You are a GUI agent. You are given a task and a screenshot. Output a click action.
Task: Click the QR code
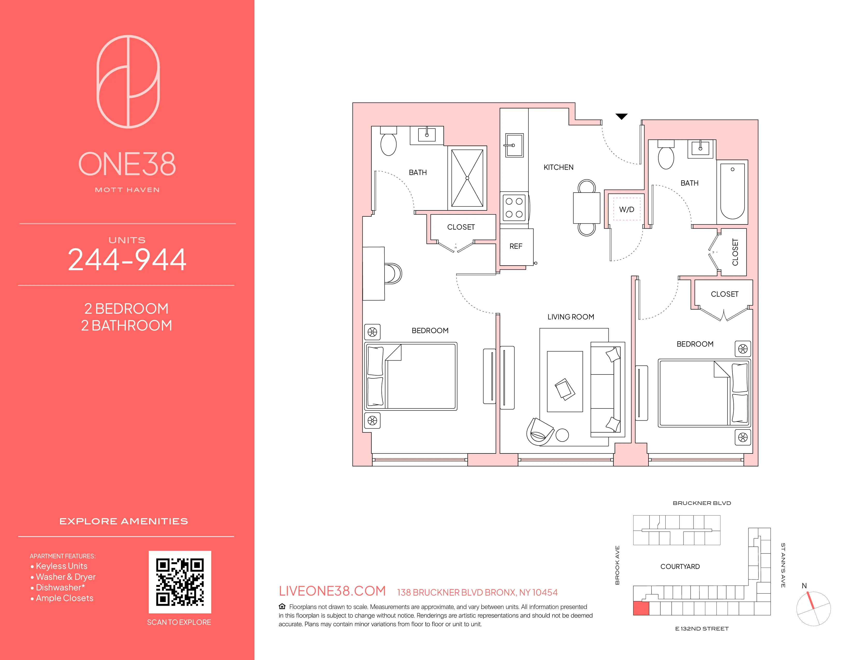180,582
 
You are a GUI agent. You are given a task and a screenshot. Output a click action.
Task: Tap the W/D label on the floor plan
627,210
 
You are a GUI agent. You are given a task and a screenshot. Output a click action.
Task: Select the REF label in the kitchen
516,246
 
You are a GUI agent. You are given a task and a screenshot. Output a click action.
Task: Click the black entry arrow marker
621,116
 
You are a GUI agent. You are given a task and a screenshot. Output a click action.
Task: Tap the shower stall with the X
467,178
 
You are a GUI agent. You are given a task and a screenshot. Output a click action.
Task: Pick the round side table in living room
562,435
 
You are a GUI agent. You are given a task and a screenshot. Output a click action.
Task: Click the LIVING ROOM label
571,317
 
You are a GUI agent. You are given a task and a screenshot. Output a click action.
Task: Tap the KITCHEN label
558,167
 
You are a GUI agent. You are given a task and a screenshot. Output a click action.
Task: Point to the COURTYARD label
680,567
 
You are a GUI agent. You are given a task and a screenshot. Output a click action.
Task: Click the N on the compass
804,586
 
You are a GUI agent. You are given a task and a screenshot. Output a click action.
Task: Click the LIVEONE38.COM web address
332,591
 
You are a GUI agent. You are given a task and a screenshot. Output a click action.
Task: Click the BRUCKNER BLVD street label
702,503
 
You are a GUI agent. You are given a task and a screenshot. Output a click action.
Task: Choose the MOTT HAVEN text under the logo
127,190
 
